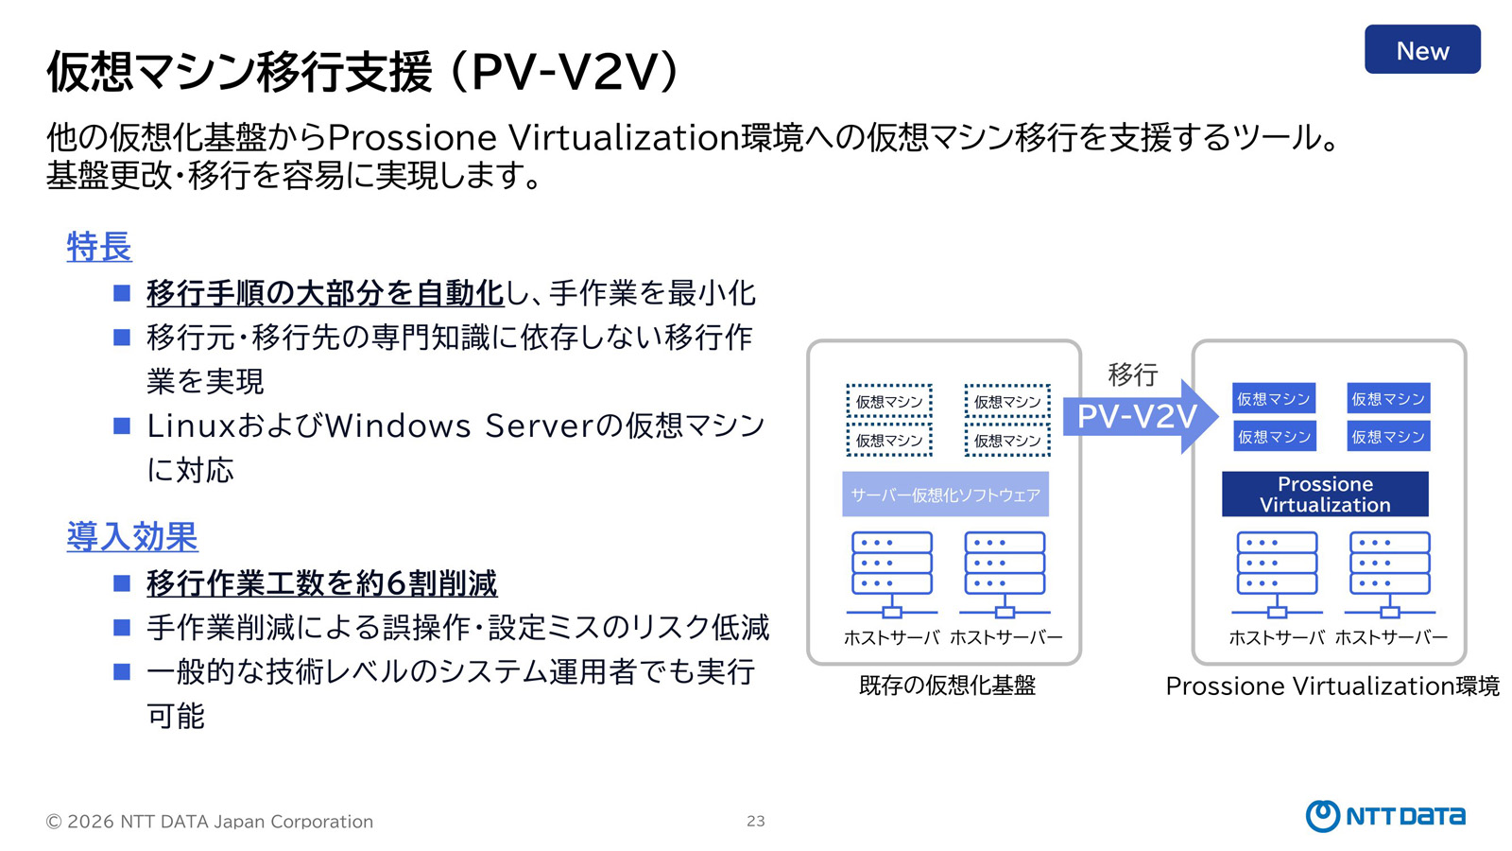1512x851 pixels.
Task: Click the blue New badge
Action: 1421,50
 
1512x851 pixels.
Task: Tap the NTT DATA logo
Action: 1384,815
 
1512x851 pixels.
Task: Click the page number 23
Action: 755,821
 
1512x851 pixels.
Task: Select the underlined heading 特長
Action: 99,247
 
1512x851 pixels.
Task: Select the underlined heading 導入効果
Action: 132,536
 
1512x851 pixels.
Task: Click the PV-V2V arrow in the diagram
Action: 1138,416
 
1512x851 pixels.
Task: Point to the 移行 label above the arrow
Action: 1132,374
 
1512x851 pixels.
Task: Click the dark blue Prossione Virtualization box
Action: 1324,494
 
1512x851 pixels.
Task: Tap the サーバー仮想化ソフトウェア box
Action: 945,494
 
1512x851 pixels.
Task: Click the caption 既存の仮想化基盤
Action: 947,686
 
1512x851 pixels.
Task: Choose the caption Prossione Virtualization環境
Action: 1332,686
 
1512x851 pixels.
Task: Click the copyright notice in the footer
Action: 210,821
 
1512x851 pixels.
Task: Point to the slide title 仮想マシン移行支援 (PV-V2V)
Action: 363,72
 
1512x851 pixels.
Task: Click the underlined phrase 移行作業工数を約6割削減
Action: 321,583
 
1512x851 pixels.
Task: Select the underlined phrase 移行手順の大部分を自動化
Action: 325,293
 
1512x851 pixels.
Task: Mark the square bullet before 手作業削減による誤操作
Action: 122,627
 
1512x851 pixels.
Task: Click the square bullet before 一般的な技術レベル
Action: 122,671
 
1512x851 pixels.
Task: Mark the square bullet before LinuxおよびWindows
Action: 122,425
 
